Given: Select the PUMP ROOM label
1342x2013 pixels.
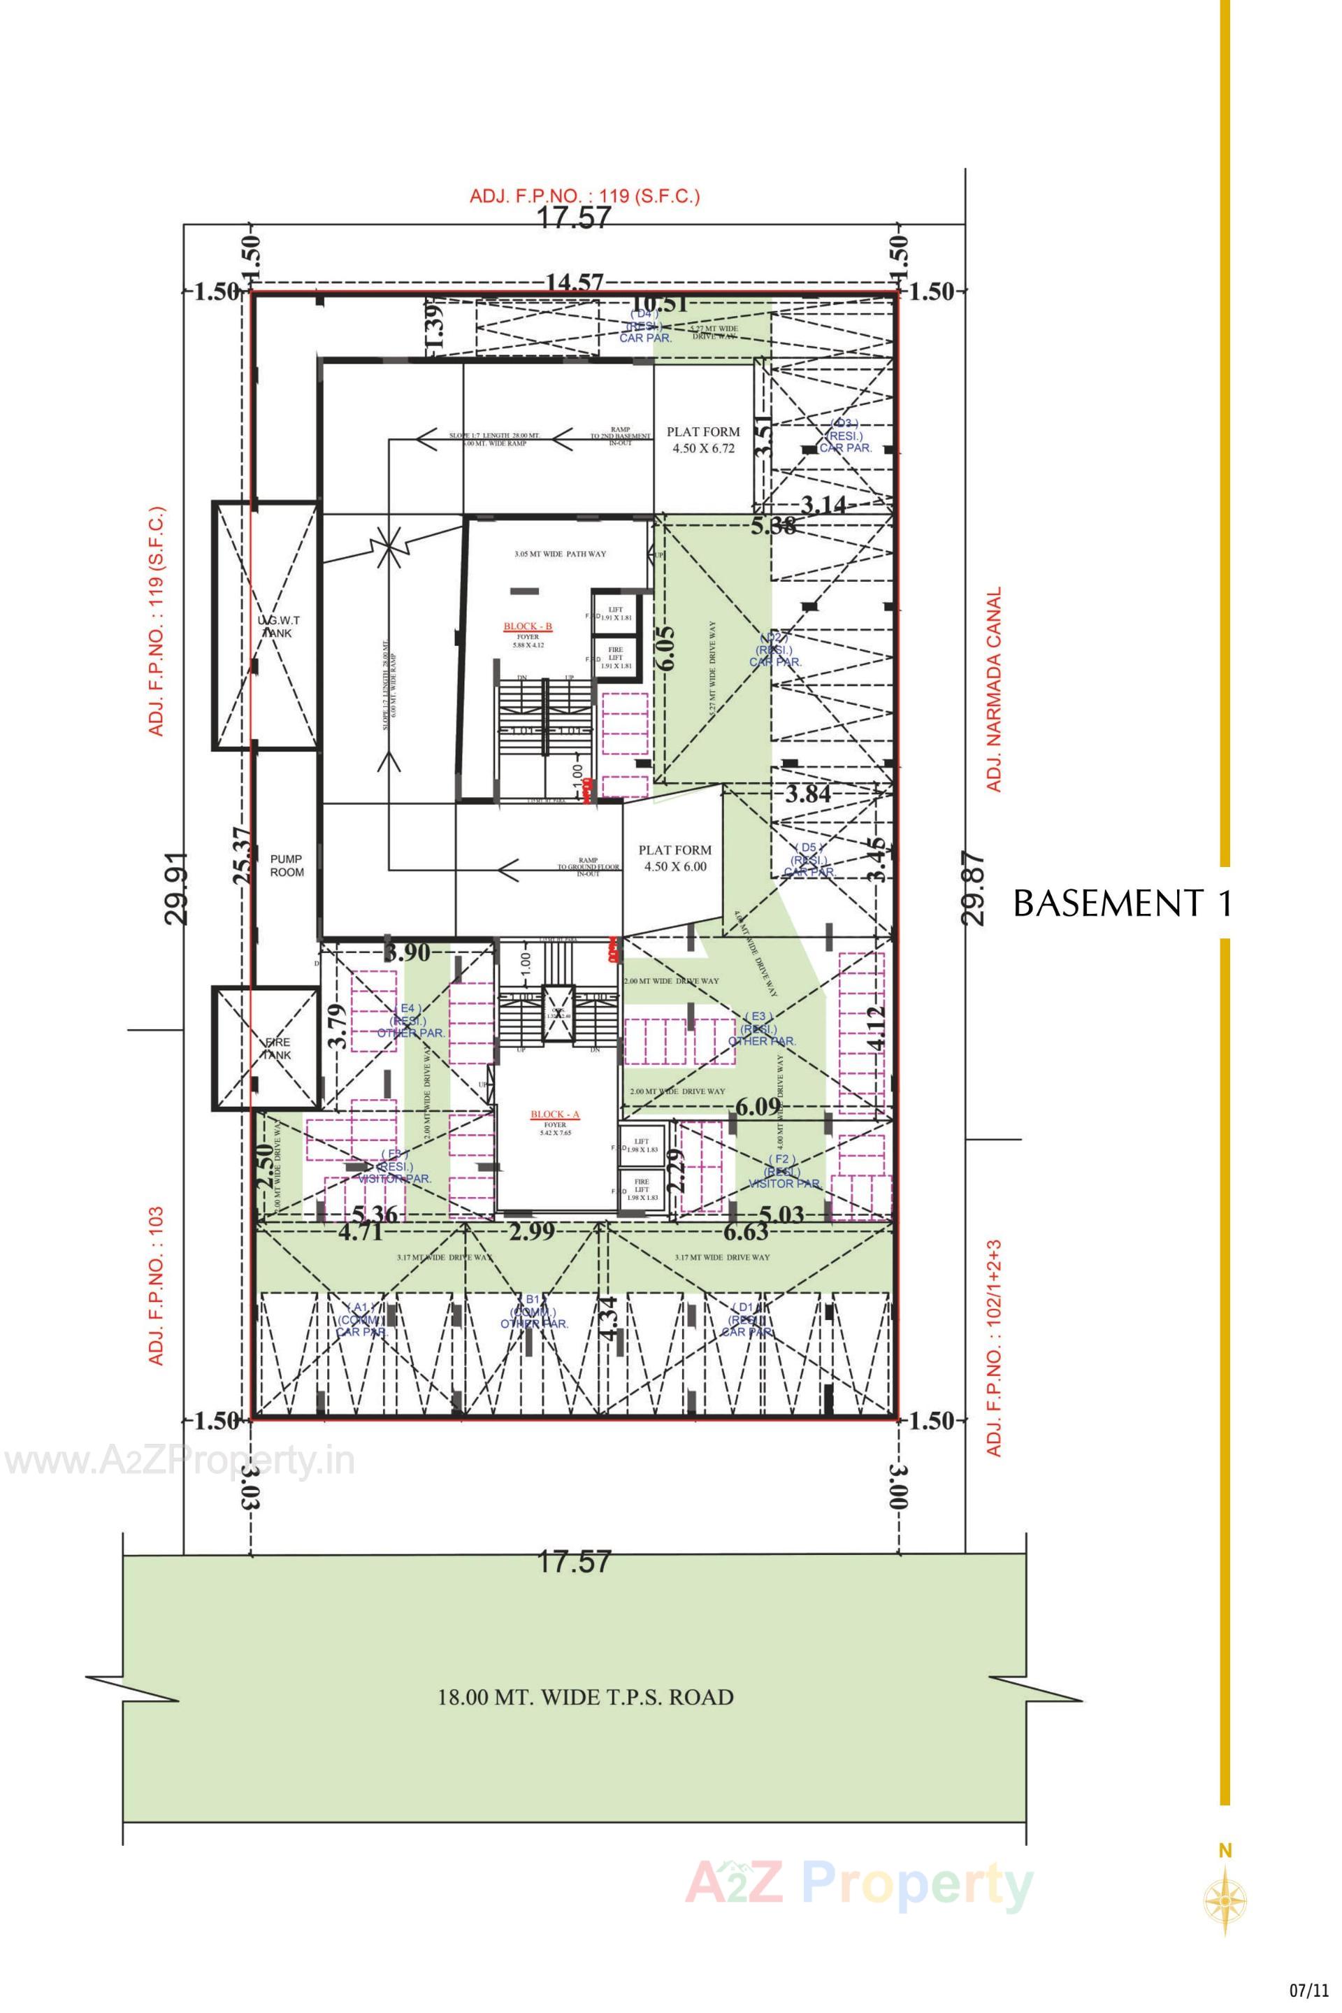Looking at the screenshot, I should coord(287,865).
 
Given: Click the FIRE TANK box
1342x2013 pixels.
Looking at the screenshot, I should coord(266,1048).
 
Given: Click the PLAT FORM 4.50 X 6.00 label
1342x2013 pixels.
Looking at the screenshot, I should coord(675,858).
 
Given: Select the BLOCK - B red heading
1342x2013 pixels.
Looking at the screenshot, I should coord(528,626).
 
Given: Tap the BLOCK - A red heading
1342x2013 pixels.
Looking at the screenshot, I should coord(554,1115).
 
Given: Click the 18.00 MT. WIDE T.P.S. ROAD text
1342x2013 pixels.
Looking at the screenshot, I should coord(586,1697).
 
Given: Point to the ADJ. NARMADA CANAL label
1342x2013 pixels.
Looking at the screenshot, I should coord(994,689).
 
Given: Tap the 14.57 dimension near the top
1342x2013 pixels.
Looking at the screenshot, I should coord(575,282).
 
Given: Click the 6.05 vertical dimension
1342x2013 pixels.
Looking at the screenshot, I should coord(667,648).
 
